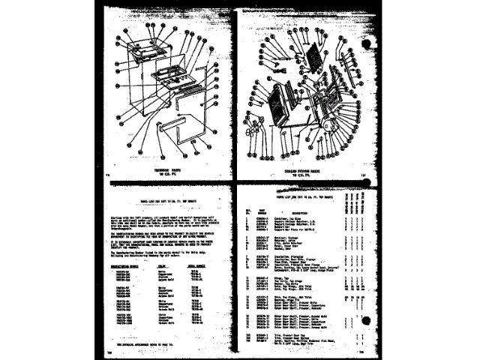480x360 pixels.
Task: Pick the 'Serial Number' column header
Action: point(197,265)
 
